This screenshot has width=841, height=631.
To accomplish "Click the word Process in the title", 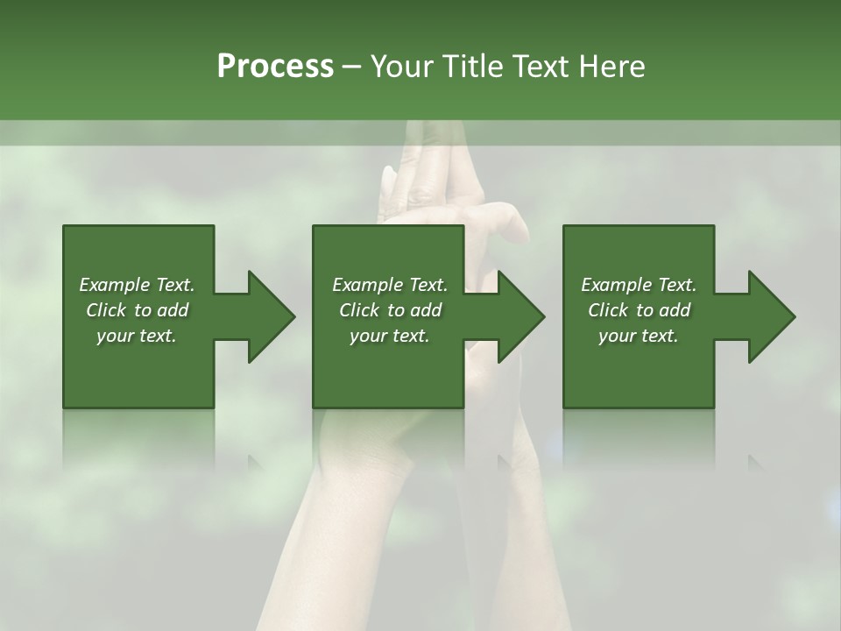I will [x=275, y=67].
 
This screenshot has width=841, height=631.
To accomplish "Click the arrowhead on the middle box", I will [x=520, y=316].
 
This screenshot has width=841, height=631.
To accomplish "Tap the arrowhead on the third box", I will [x=771, y=316].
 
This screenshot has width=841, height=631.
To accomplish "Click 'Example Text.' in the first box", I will [x=137, y=285].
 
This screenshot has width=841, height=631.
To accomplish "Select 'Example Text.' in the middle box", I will [x=390, y=285].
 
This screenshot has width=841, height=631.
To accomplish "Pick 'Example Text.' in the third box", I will [x=639, y=285].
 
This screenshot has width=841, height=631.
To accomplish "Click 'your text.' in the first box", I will [x=137, y=336].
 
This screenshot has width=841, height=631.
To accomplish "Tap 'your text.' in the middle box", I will [x=390, y=336].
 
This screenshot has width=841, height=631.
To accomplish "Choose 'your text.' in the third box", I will [x=639, y=336].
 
